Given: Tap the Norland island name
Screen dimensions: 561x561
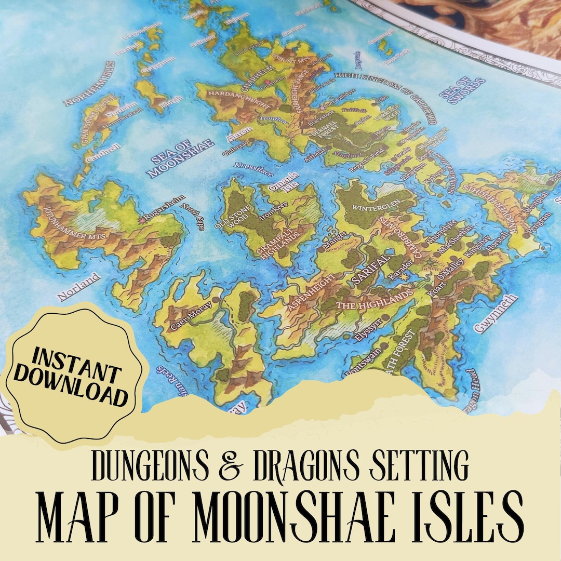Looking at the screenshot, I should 78,287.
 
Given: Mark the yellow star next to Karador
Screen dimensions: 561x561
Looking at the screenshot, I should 405,277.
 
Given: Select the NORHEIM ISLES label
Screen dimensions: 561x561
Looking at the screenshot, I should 89,83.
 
